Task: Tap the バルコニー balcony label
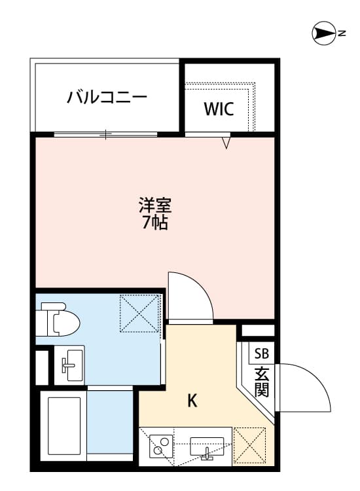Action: pyautogui.click(x=107, y=98)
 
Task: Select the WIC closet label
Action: pyautogui.click(x=218, y=109)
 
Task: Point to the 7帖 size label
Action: pyautogui.click(x=155, y=223)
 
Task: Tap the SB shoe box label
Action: pyautogui.click(x=261, y=354)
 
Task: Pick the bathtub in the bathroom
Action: pyautogui.click(x=63, y=426)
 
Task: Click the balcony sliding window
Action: pyautogui.click(x=105, y=135)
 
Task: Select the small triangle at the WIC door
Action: pyautogui.click(x=226, y=142)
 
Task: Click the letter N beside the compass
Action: pyautogui.click(x=342, y=32)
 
